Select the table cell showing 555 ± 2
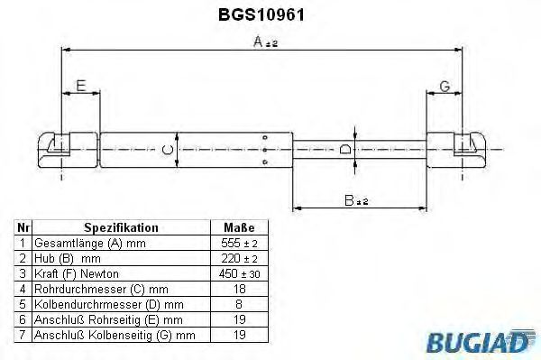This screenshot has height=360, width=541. tap(239, 244)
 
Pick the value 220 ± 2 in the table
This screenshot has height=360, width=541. tap(239, 258)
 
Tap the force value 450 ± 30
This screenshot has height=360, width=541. tap(239, 272)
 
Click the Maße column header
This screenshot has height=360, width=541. tap(239, 228)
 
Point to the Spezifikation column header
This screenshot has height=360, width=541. tap(121, 228)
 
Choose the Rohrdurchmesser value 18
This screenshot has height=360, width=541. tap(239, 288)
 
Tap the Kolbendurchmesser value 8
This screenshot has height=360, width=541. tap(239, 303)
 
